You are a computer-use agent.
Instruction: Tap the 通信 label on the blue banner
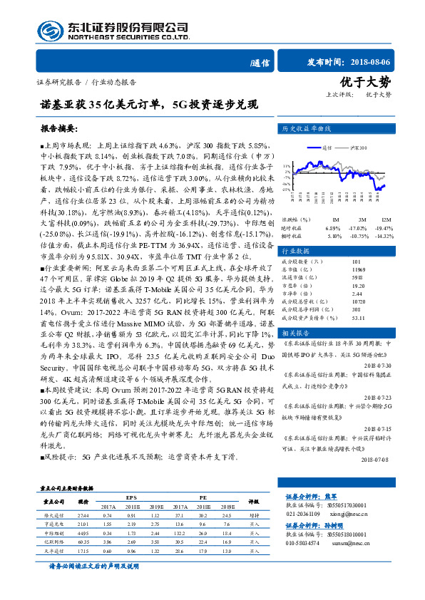coord(261,63)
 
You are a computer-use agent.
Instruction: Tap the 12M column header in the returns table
coord(386,219)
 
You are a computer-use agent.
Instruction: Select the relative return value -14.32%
coord(384,235)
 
